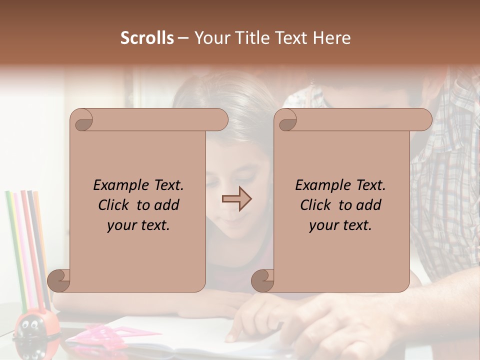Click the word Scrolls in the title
[147, 38]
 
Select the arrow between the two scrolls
[236, 199]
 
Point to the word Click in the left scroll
[115, 205]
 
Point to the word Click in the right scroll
[317, 205]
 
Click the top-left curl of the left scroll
[81, 120]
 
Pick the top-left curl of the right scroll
[286, 120]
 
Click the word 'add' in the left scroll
[166, 205]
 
